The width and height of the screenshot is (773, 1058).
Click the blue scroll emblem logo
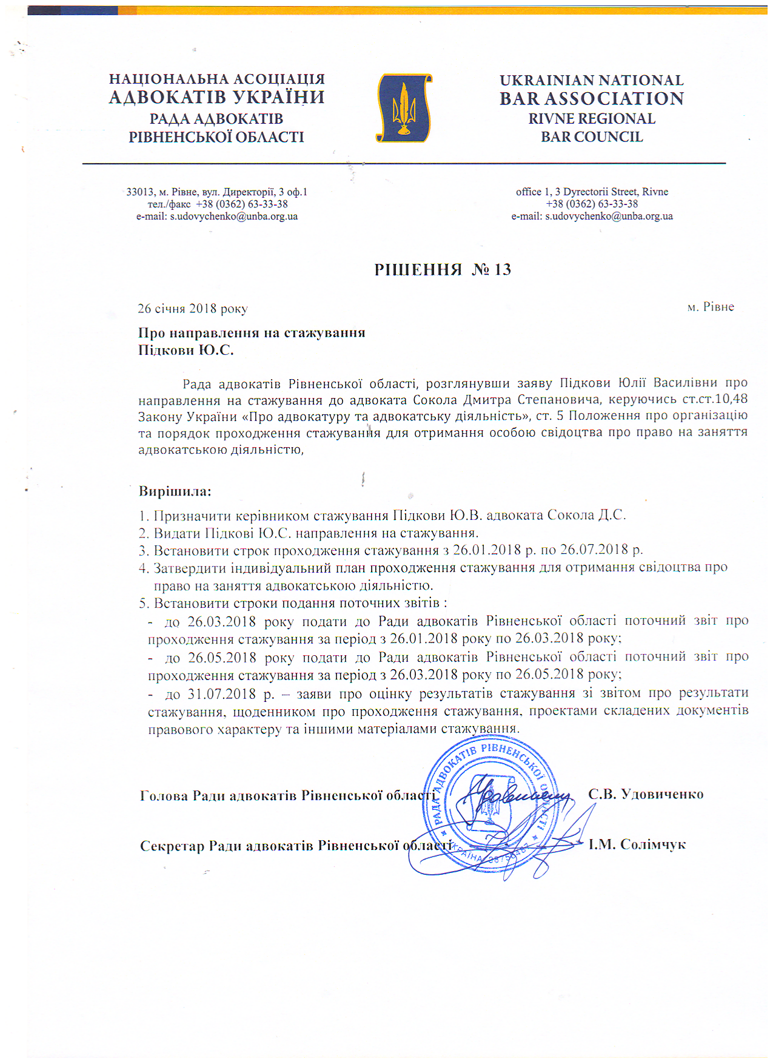pos(404,108)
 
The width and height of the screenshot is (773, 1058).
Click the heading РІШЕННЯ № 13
pos(443,270)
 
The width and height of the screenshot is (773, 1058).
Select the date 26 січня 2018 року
pos(193,309)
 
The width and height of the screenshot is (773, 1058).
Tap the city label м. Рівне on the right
pos(711,307)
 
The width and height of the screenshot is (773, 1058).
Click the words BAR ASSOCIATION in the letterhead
pos(592,98)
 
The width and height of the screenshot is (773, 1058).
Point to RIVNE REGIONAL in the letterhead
pos(592,119)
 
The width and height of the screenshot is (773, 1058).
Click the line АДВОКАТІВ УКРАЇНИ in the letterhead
pos(216,98)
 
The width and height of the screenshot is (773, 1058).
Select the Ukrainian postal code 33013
pos(139,192)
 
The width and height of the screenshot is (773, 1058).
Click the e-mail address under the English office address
pos(609,217)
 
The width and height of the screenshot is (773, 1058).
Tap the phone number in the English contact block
pos(592,204)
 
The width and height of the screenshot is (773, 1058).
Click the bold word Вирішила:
pos(175,491)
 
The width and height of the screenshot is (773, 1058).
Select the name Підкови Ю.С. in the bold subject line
pos(186,350)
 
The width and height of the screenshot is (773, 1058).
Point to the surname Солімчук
pos(652,844)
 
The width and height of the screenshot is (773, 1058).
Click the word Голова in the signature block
pos(164,796)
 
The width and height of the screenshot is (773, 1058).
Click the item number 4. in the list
pos(144,569)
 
